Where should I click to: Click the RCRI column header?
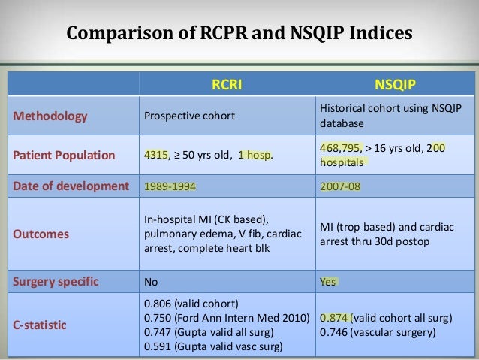(224, 85)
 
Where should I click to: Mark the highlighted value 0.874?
(335, 318)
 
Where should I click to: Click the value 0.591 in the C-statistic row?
(156, 346)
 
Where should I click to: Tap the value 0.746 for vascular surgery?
(335, 331)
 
